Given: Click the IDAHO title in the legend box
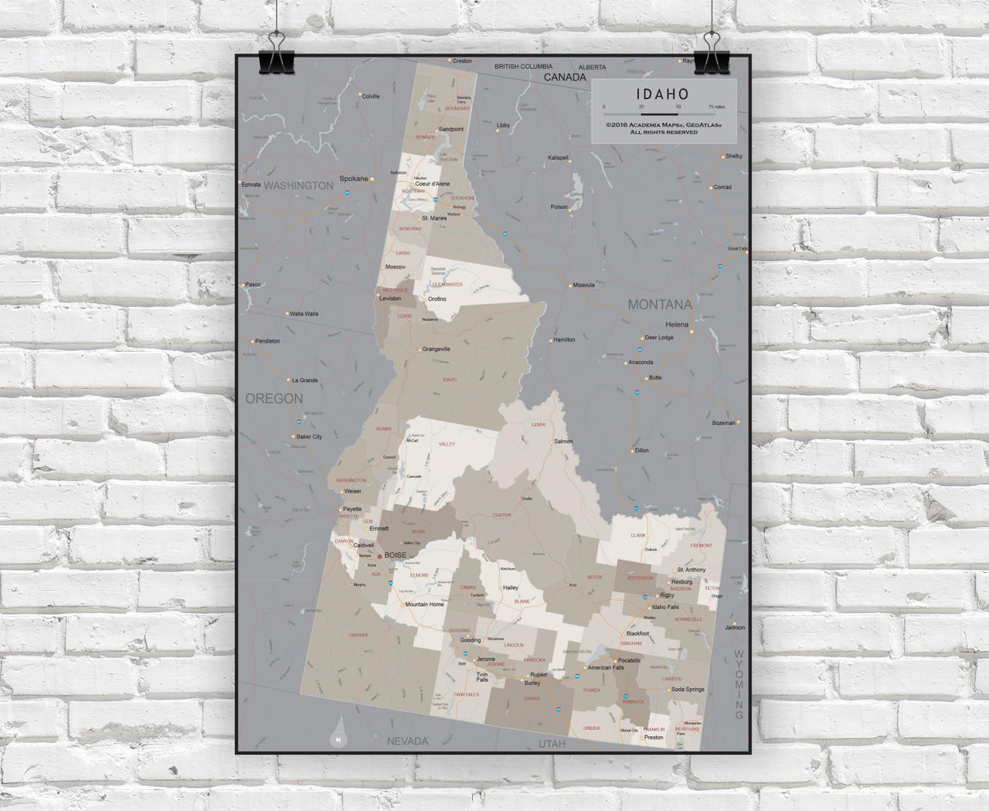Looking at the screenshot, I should pyautogui.click(x=664, y=94).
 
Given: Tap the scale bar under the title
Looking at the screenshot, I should pyautogui.click(x=659, y=114).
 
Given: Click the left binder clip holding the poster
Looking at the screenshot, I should pyautogui.click(x=276, y=54).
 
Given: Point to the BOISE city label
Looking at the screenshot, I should pyautogui.click(x=395, y=555).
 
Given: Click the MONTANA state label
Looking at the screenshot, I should pyautogui.click(x=659, y=305).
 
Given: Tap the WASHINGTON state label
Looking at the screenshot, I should pyautogui.click(x=298, y=186).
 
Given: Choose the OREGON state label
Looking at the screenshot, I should pyautogui.click(x=274, y=399).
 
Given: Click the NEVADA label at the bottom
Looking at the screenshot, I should pyautogui.click(x=407, y=741).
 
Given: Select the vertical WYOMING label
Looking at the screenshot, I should pyautogui.click(x=739, y=684).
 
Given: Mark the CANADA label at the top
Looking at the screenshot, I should pyautogui.click(x=565, y=77).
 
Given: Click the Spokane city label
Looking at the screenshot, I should pyautogui.click(x=354, y=179).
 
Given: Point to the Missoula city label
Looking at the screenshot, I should pyautogui.click(x=583, y=285).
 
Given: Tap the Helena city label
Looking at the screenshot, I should pyautogui.click(x=677, y=325).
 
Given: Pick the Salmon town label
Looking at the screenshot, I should pyautogui.click(x=563, y=441).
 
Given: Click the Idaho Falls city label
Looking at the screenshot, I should pyautogui.click(x=664, y=607).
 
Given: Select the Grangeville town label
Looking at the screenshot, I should pyautogui.click(x=436, y=349).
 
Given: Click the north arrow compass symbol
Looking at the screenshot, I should pyautogui.click(x=338, y=734).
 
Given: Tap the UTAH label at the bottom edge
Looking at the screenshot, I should pyautogui.click(x=552, y=744).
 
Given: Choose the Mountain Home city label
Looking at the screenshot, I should pyautogui.click(x=425, y=605).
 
